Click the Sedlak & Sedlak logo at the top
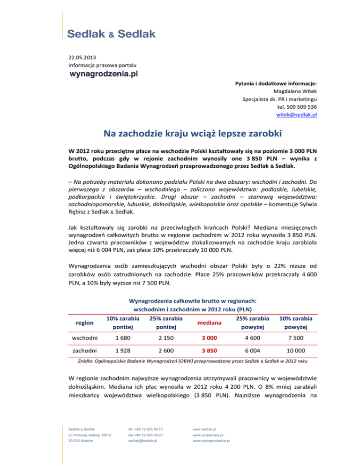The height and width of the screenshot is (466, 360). click(x=112, y=35)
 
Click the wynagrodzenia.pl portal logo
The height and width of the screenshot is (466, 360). click(x=103, y=74)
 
